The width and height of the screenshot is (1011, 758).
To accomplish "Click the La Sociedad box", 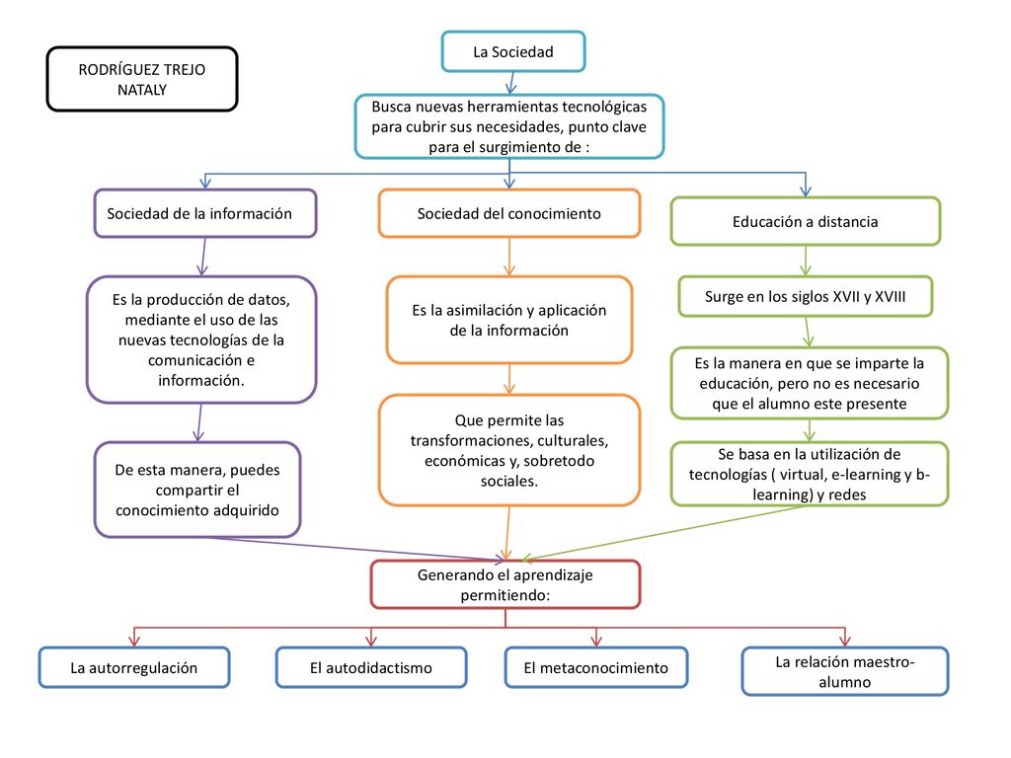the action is tap(513, 51).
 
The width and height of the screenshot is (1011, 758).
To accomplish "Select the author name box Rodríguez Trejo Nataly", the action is tap(142, 79).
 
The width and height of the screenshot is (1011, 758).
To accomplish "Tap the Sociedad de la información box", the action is tap(205, 213).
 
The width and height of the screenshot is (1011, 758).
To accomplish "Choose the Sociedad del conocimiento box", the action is tap(509, 213).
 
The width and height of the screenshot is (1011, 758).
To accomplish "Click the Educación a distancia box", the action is tap(806, 221).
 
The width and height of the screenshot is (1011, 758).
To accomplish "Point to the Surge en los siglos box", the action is tap(806, 296).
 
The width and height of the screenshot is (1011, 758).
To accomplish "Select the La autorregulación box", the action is tap(134, 668).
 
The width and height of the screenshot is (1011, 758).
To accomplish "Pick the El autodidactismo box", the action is tap(371, 668).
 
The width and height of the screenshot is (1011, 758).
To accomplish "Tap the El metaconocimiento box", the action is tap(595, 668).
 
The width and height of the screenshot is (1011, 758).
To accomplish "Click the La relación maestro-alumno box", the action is tap(845, 671).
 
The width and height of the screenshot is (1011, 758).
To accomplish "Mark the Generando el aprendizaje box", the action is tap(505, 584).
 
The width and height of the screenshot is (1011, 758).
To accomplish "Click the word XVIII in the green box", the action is tap(890, 296).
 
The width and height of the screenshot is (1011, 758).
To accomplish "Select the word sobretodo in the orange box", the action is tap(559, 461).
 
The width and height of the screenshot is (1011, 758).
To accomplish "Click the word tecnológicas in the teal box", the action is tap(604, 107).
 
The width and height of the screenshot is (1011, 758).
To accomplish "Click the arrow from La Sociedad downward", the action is tap(511, 83).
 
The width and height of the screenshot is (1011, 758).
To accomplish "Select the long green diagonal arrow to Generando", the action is tap(663, 532).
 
